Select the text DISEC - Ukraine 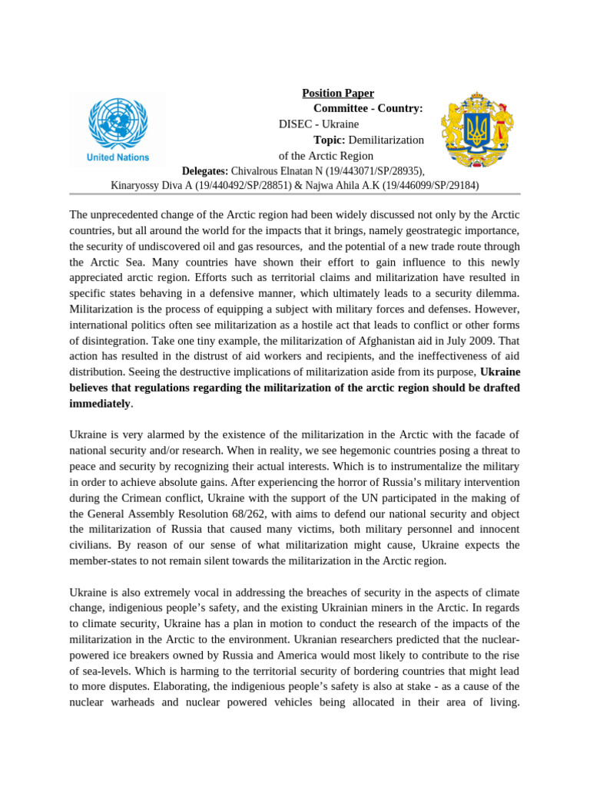coord(318,124)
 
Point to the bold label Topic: coord(330,140)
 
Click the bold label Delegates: coord(204,170)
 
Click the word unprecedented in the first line coord(129,215)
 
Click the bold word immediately coord(100,403)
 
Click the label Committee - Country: coord(368,108)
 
